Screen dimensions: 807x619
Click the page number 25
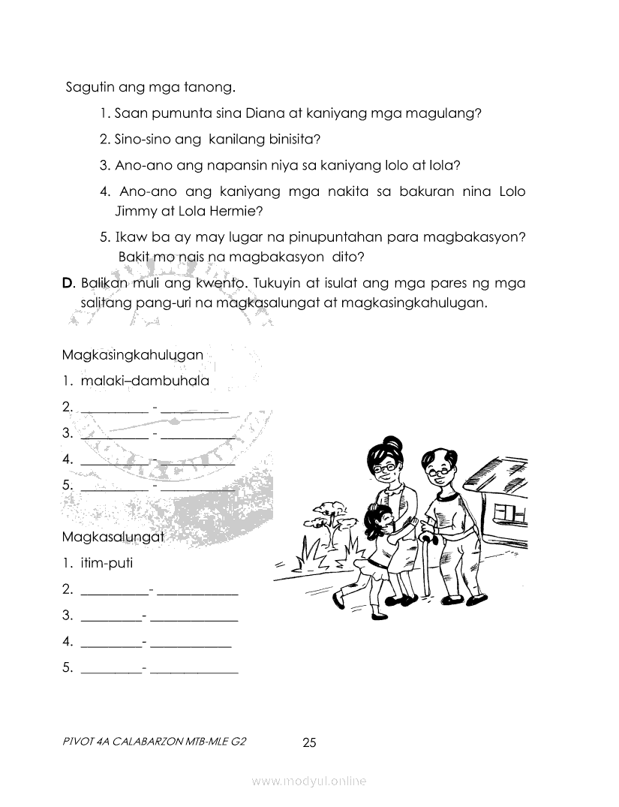point(309,743)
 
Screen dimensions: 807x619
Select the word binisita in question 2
point(292,139)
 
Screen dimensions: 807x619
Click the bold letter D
point(68,284)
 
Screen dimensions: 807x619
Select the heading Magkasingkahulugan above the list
point(133,354)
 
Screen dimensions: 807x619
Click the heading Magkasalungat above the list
point(113,537)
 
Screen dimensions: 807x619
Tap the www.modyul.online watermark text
point(309,781)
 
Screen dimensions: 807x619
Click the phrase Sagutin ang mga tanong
point(151,87)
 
